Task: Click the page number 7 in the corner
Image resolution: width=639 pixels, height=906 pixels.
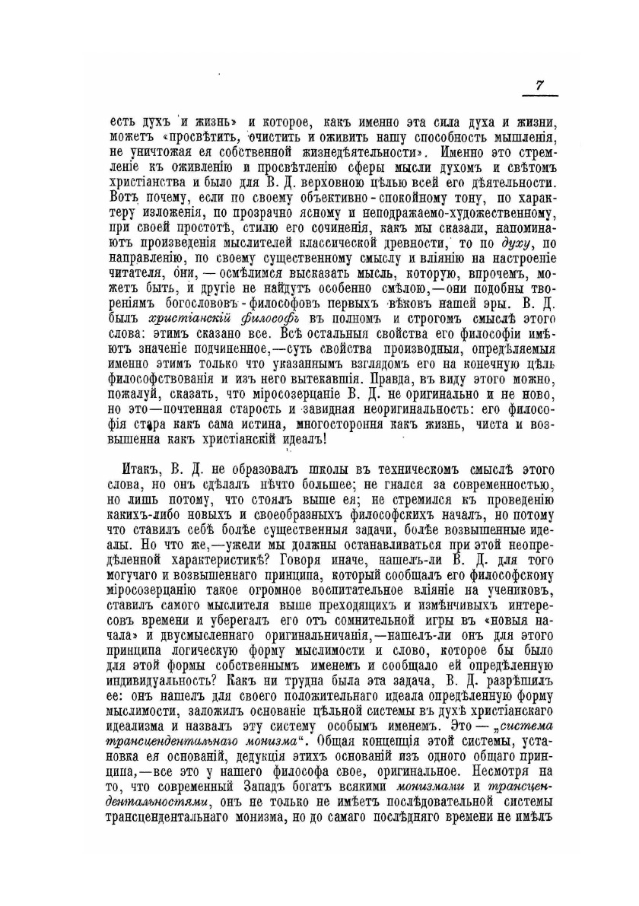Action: click(x=539, y=85)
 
